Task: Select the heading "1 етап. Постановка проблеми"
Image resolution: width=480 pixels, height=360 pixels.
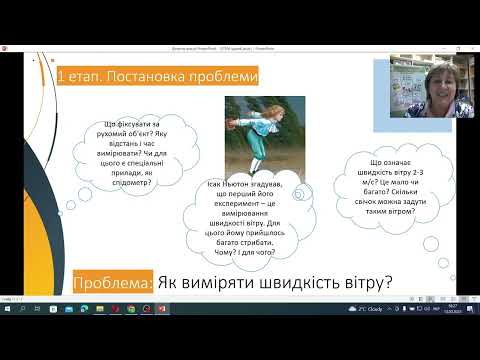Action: pyautogui.click(x=158, y=76)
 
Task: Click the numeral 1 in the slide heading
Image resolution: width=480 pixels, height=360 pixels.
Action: pyautogui.click(x=63, y=76)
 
